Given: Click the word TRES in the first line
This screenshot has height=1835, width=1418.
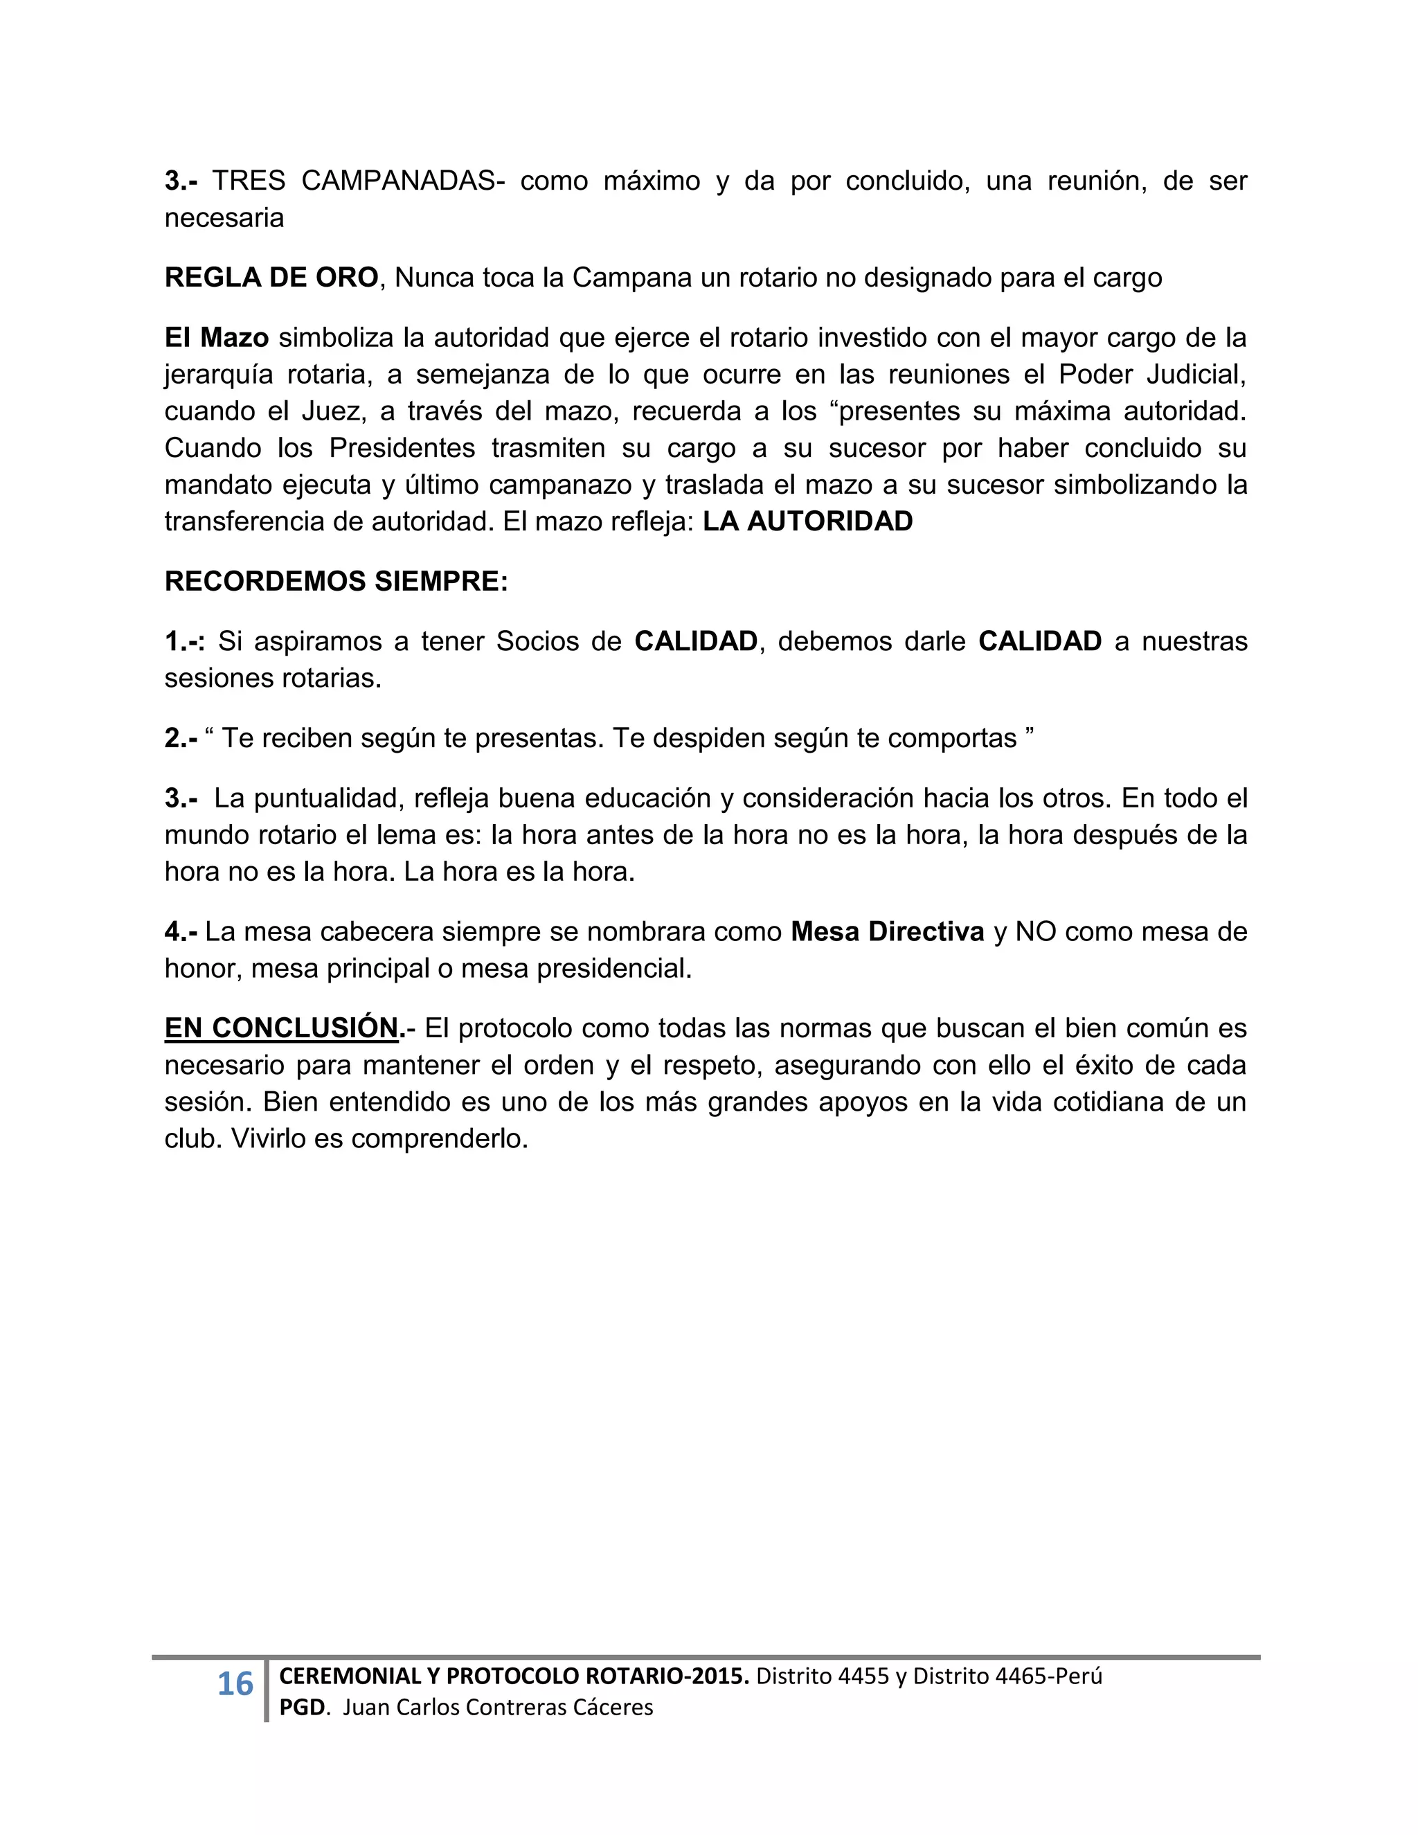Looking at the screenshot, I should pos(248,181).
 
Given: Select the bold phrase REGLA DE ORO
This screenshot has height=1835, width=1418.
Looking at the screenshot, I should pos(271,277).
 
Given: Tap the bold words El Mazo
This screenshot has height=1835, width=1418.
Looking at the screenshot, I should pos(216,338).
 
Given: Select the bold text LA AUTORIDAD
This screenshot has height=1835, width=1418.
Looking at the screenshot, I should pos(807,522).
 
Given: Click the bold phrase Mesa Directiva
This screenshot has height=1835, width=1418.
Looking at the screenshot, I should pos(887,932).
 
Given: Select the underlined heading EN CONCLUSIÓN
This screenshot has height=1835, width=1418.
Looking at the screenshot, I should pos(280,1028).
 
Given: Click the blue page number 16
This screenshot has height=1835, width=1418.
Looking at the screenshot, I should pos(235,1685).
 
